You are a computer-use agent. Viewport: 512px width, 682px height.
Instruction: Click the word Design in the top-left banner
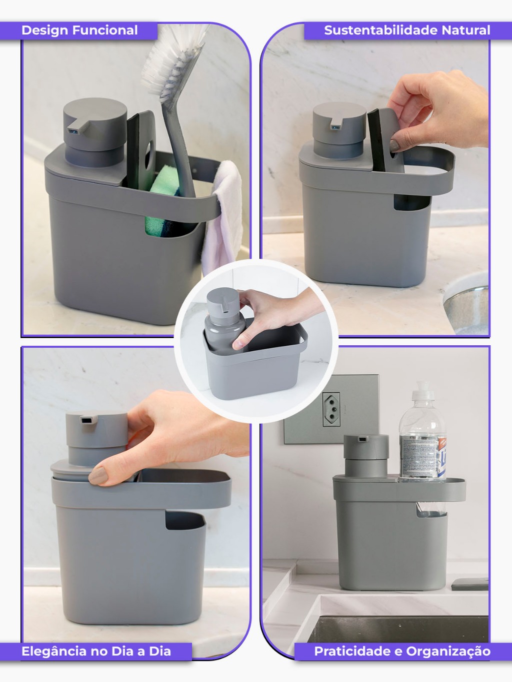(x=44, y=30)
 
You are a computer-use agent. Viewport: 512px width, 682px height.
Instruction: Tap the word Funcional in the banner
(x=105, y=30)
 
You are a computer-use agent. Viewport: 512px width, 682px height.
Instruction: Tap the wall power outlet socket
(x=331, y=409)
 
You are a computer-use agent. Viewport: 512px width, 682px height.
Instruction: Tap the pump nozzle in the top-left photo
(x=77, y=126)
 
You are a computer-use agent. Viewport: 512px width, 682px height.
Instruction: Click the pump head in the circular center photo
(x=221, y=300)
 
